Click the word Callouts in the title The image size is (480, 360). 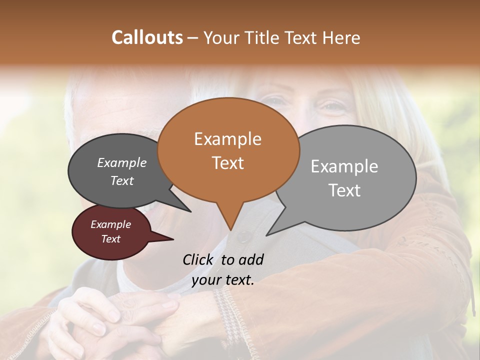[147, 38]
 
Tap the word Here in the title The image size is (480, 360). [340, 38]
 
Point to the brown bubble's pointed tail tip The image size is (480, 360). [230, 229]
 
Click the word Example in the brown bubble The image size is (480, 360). [227, 139]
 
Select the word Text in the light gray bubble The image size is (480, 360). [344, 190]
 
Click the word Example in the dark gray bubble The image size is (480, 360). [122, 163]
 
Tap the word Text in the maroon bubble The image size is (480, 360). [111, 239]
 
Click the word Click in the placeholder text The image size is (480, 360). [198, 259]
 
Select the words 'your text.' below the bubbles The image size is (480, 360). [223, 280]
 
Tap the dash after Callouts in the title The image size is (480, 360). [193, 38]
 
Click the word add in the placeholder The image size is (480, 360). [251, 259]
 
